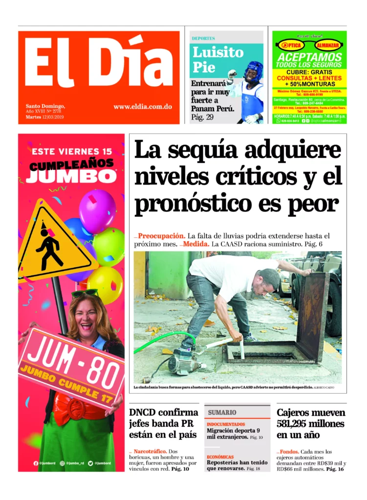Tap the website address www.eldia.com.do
point(142,106)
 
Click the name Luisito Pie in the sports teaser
point(217,59)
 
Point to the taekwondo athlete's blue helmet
point(253,71)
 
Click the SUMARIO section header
point(222,413)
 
